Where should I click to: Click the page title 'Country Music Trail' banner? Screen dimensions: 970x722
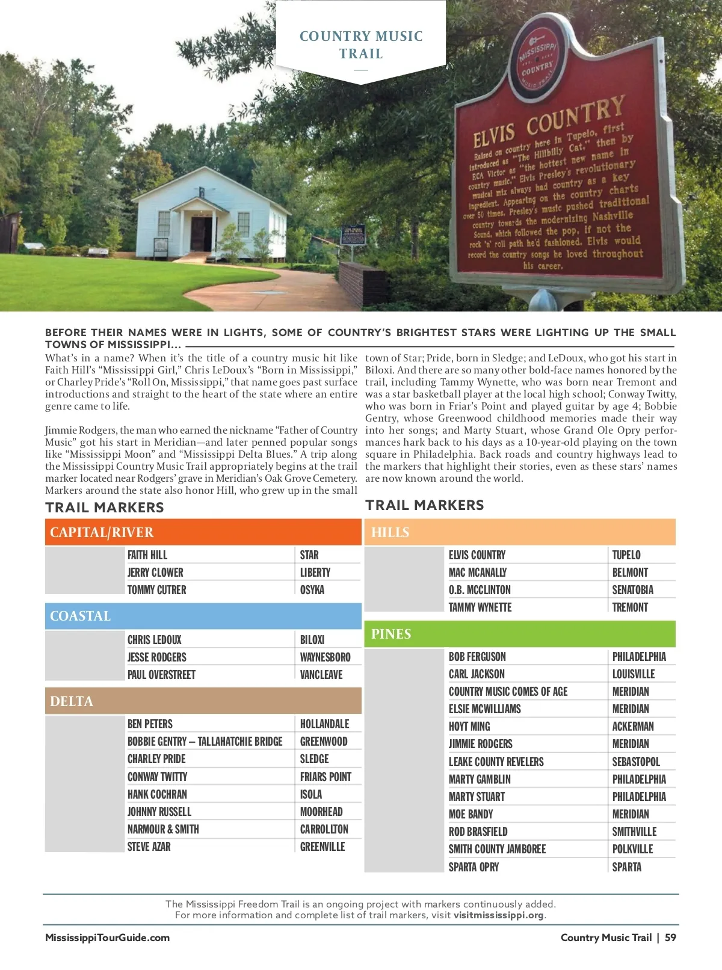[361, 45]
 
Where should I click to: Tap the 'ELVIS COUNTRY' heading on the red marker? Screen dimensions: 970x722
[548, 123]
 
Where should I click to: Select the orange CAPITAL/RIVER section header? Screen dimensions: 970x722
[203, 532]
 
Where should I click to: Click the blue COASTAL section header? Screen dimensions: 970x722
[203, 616]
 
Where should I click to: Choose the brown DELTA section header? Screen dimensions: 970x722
[203, 701]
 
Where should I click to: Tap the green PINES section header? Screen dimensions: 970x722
[519, 634]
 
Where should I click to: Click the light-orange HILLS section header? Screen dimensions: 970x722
[519, 532]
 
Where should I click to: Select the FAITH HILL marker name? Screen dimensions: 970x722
[147, 555]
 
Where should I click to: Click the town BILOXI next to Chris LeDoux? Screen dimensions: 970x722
[312, 640]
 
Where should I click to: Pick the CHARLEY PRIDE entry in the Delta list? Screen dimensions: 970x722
[156, 759]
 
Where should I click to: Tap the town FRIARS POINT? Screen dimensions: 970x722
[326, 777]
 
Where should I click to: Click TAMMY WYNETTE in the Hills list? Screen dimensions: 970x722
[480, 607]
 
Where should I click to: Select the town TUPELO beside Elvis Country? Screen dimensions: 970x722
[626, 555]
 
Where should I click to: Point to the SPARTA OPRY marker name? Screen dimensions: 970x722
[474, 867]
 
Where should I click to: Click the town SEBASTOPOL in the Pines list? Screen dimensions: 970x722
[636, 762]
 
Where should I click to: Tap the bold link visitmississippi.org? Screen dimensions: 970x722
[499, 915]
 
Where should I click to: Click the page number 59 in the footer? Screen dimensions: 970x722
[670, 938]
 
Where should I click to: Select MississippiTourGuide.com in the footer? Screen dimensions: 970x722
[107, 938]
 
